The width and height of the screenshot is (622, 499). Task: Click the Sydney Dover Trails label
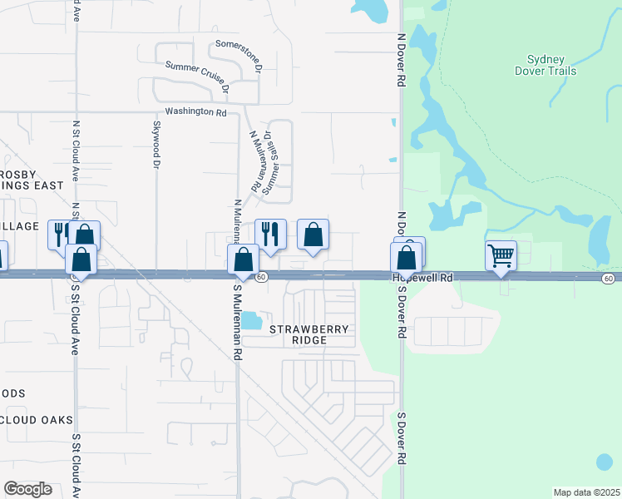tap(546, 66)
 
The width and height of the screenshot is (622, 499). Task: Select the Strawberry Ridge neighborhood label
tap(309, 335)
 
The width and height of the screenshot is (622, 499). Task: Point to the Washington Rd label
tap(196, 111)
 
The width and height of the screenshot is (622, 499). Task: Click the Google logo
tap(27, 488)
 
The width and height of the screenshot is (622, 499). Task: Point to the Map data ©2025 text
tap(586, 492)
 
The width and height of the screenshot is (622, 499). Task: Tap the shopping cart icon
tap(501, 254)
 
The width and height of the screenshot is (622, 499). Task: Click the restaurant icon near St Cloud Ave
tap(62, 234)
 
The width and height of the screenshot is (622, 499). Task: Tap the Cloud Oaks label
tap(37, 420)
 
